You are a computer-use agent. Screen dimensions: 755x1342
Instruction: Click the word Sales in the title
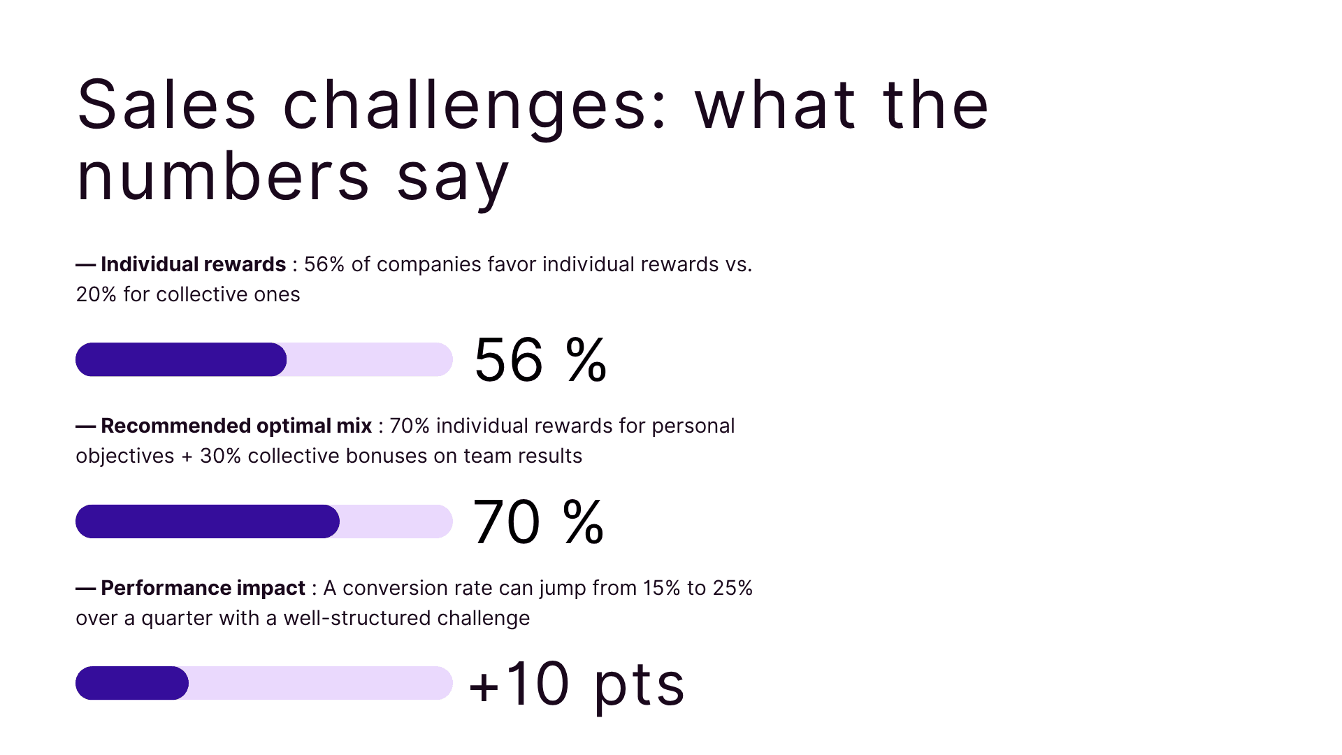166,106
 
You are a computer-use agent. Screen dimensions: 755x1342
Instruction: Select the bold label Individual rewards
193,264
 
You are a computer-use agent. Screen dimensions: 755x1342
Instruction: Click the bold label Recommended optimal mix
236,426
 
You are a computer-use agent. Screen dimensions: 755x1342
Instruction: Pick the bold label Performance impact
203,588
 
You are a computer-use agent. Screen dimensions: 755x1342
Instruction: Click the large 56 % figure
540,360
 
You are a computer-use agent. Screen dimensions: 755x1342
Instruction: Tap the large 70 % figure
538,522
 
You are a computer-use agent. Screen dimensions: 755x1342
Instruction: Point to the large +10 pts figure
577,684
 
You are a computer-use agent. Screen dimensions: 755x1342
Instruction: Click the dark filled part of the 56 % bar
180,359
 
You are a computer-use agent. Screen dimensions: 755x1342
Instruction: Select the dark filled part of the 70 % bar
207,522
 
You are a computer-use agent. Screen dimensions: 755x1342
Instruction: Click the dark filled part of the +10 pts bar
131,683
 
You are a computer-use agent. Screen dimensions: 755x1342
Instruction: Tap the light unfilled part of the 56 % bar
369,359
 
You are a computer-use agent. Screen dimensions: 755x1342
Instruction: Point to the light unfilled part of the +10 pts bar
320,683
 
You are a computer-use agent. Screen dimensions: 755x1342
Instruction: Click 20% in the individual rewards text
96,294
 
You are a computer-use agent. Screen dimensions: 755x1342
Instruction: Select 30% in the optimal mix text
220,456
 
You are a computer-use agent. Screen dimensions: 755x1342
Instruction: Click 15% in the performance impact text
661,588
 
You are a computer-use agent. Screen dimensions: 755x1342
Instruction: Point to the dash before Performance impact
85,589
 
